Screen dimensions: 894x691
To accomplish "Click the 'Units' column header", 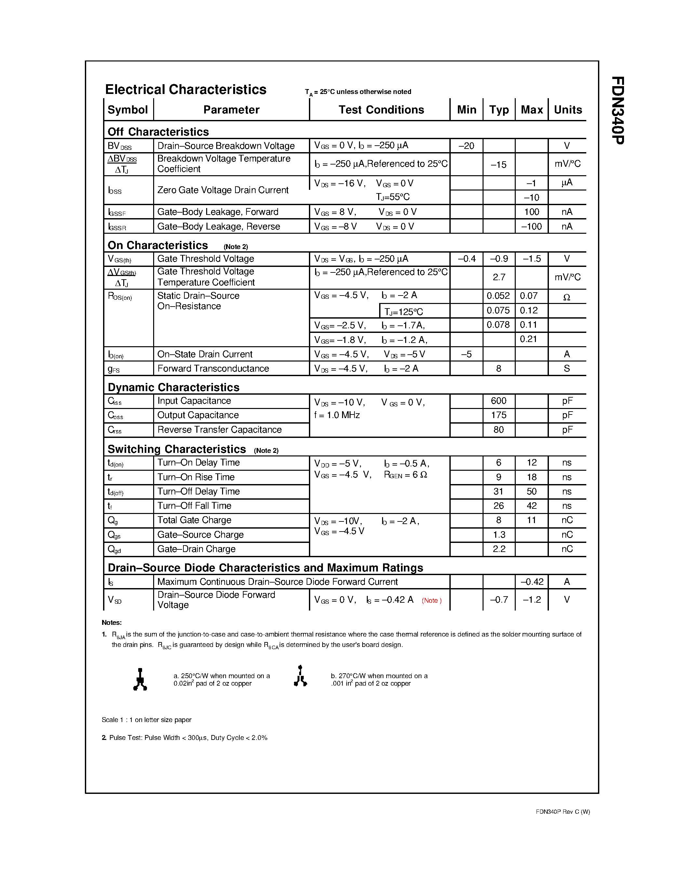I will (568, 110).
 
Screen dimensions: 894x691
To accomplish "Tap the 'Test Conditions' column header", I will (381, 110).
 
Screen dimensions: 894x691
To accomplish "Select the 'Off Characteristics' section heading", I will (158, 132).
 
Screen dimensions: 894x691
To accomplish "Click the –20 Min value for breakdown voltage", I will (466, 146).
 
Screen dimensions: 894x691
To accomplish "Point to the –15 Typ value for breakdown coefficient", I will (498, 164).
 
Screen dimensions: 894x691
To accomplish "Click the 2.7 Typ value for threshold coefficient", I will (498, 277).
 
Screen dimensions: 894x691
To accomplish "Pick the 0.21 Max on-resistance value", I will (528, 339).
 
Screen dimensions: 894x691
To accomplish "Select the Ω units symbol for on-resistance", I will (566, 297).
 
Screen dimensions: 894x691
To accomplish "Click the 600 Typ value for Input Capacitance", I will (498, 401).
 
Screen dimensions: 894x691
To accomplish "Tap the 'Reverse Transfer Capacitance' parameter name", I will (219, 429).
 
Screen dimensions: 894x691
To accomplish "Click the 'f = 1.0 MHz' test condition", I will (337, 415).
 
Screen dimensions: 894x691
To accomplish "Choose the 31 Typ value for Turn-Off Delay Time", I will (498, 491).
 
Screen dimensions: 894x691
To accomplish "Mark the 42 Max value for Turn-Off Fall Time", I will (531, 506).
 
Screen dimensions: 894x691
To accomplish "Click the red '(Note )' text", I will (432, 600).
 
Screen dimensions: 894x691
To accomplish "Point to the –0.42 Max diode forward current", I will (532, 582).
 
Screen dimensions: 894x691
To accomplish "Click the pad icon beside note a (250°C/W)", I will (140, 679).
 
